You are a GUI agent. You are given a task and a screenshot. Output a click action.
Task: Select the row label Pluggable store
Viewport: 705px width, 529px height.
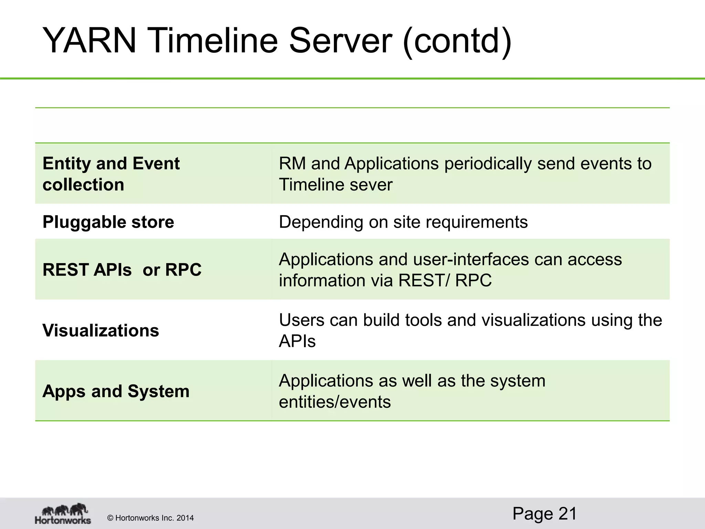point(108,222)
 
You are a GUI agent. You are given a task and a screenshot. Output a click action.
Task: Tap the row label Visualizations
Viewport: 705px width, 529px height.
point(101,331)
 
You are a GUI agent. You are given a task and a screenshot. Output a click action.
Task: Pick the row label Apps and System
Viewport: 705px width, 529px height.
point(116,391)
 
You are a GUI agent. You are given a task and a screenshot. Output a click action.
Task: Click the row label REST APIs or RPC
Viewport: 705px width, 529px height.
point(122,270)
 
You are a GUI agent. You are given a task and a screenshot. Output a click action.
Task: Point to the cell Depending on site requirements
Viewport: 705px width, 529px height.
point(403,222)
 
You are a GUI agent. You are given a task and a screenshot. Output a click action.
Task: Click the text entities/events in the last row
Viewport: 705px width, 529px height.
point(335,402)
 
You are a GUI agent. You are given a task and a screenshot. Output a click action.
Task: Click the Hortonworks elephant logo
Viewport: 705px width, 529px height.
point(63,514)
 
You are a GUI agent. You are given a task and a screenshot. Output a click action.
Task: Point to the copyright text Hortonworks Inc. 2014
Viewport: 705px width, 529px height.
point(150,518)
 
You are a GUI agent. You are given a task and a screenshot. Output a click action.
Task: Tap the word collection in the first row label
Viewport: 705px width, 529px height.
point(83,185)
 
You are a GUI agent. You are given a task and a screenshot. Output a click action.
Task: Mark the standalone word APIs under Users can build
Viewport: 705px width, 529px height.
point(297,341)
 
